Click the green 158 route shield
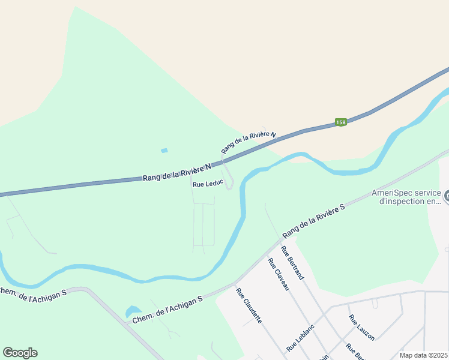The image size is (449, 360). tap(341, 122)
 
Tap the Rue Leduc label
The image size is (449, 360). tap(208, 184)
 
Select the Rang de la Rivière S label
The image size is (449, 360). tap(314, 219)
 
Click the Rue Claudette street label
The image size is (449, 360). tap(249, 306)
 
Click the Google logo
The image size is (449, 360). tap(20, 353)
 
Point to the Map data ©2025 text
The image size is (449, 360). tap(424, 355)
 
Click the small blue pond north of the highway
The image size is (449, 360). tap(164, 151)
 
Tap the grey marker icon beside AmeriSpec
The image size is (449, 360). tap(446, 196)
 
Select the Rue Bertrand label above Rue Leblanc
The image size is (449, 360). tap(292, 263)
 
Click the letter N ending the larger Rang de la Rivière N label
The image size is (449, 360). tap(209, 166)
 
